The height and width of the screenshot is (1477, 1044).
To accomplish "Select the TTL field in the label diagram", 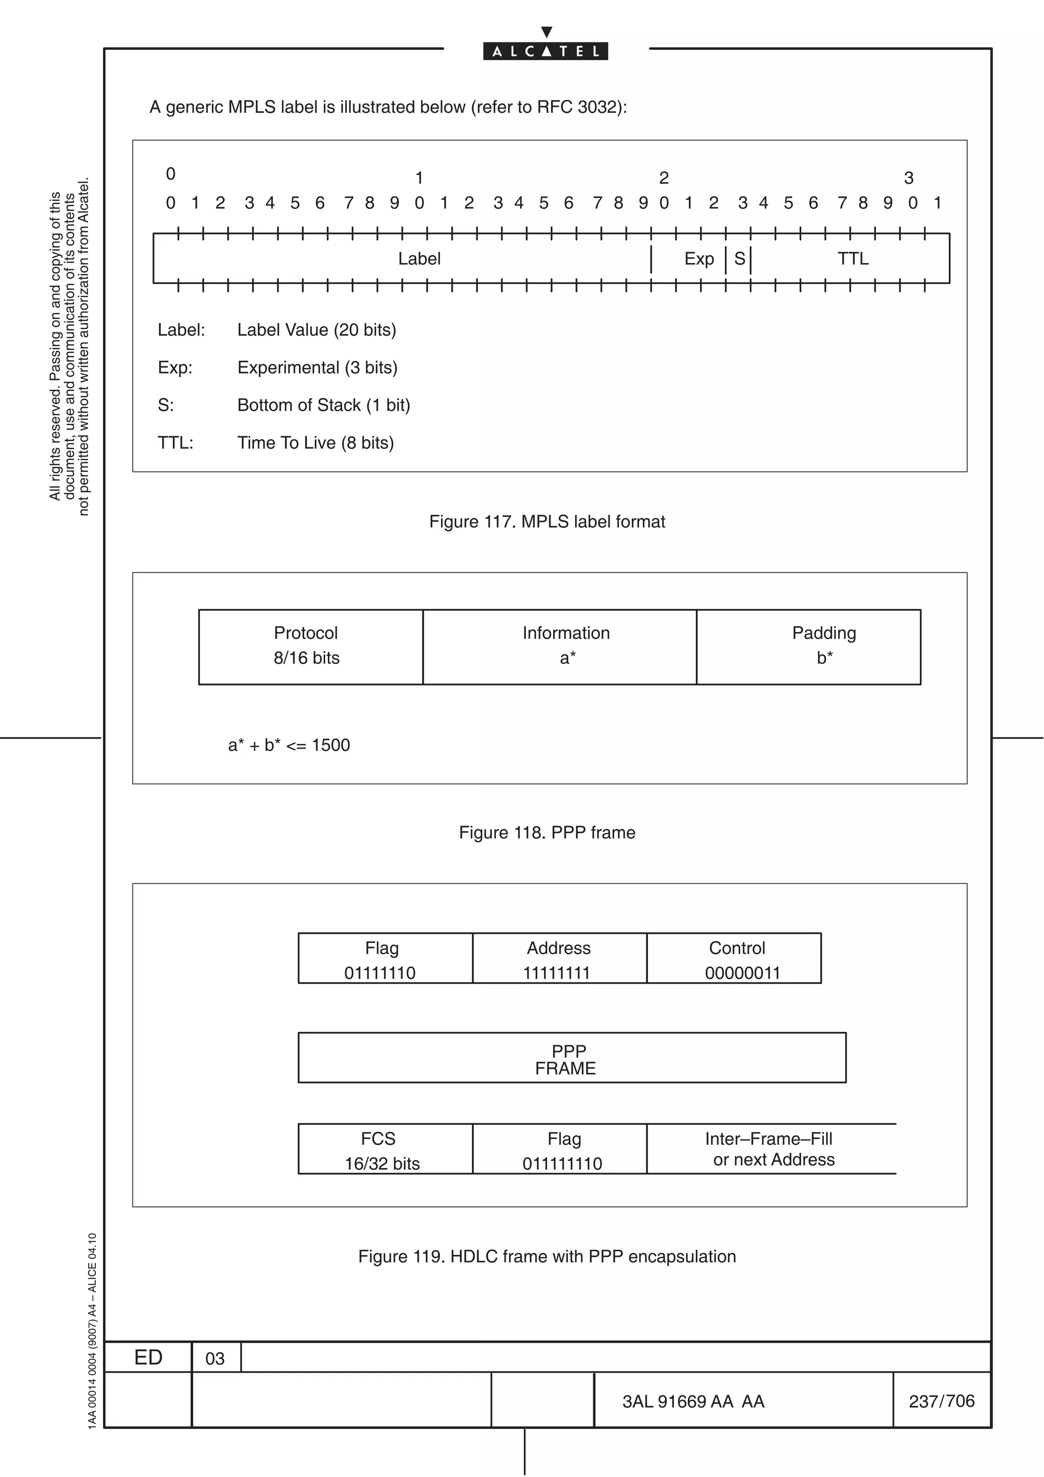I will coord(852,258).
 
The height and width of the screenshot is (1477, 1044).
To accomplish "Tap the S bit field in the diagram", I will coord(739,258).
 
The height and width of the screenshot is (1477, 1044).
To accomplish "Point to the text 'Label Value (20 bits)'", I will coord(317,330).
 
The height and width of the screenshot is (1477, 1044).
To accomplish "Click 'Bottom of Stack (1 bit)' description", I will coord(324,405).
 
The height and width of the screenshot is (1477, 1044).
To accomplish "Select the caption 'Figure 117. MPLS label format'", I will coord(547,522).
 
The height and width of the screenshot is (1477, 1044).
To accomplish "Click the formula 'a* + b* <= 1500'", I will coord(289,746).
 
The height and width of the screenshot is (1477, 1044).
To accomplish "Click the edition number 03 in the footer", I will coord(215,1359).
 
